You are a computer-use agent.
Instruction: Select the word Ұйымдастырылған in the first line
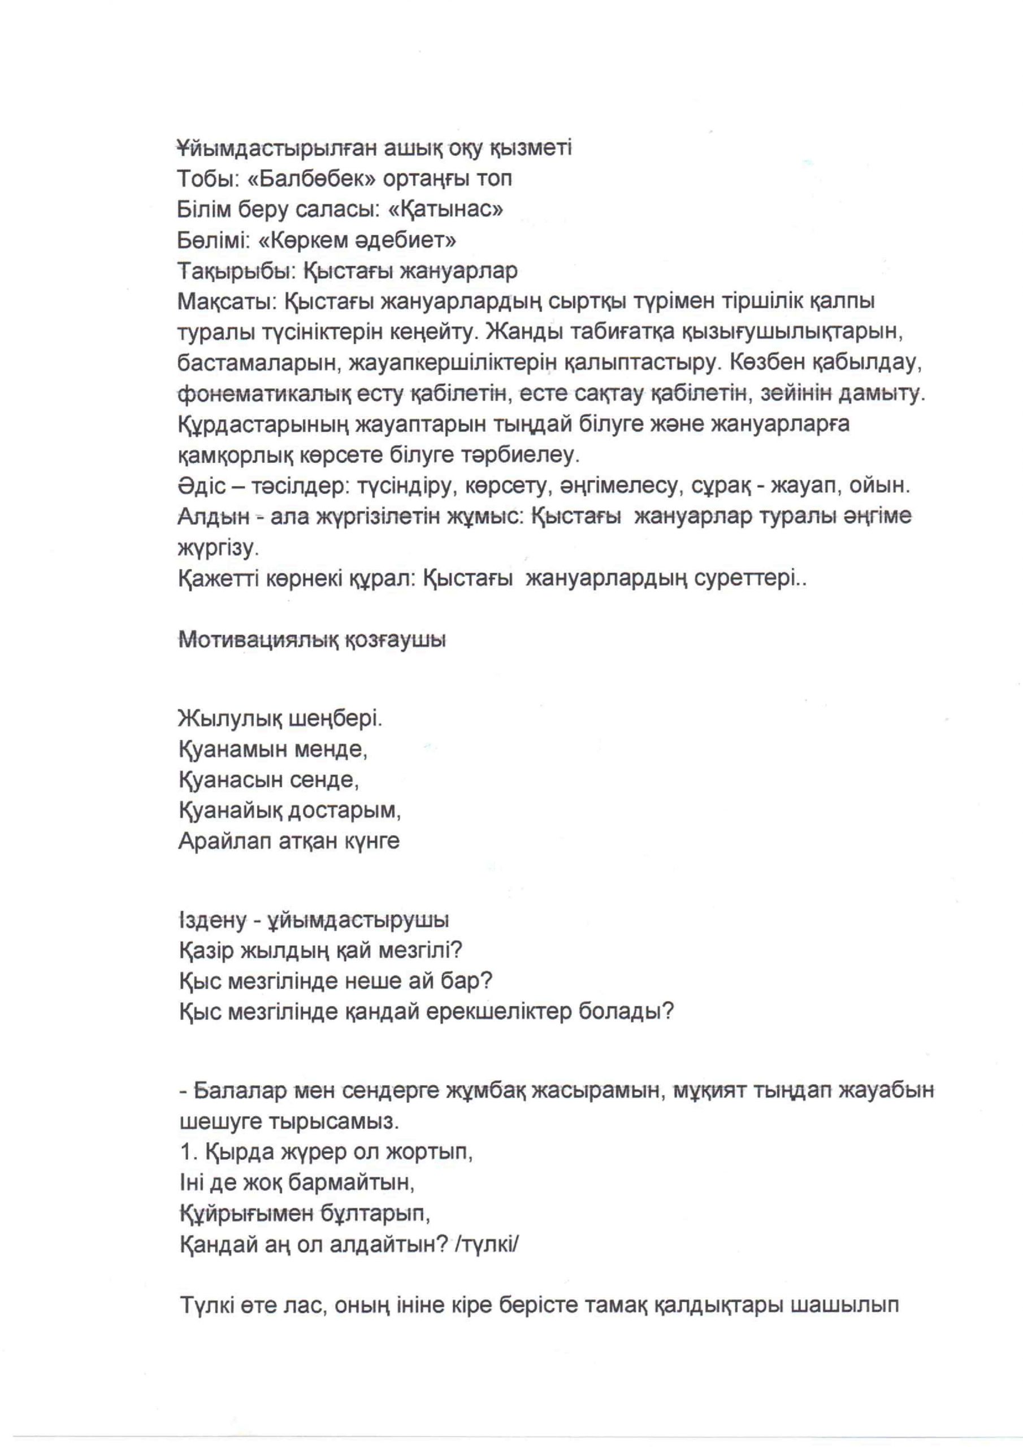[x=276, y=149]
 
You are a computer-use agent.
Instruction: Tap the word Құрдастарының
[x=263, y=424]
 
